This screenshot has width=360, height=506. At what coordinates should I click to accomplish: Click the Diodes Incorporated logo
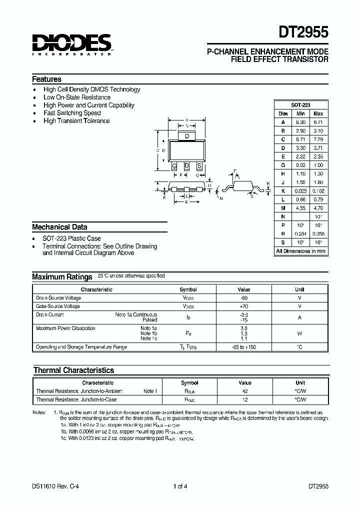click(x=71, y=44)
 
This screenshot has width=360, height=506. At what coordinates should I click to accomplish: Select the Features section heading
click(x=46, y=79)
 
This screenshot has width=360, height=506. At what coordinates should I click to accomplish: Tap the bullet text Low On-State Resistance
click(x=77, y=97)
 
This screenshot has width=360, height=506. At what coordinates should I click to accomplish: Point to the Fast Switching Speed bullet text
click(x=72, y=113)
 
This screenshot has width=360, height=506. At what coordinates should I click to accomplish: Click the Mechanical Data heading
click(x=59, y=227)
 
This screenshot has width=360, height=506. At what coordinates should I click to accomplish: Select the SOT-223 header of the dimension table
click(x=301, y=105)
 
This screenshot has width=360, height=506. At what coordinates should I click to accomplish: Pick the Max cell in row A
click(x=318, y=122)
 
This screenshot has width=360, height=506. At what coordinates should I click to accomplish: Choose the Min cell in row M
click(x=300, y=208)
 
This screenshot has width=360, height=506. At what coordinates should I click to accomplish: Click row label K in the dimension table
click(x=283, y=190)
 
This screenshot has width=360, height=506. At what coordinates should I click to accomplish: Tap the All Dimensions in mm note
click(x=301, y=251)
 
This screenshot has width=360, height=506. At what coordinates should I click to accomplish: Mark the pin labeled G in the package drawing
click(x=174, y=165)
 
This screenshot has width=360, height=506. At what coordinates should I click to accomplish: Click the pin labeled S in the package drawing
click(x=199, y=165)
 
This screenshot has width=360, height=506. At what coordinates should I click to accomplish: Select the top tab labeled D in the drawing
click(x=186, y=136)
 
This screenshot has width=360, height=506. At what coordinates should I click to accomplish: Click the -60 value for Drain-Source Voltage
click(x=244, y=298)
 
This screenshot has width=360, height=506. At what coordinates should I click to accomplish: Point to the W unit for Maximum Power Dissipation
click(x=299, y=333)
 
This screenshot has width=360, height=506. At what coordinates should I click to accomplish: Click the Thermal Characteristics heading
click(x=73, y=370)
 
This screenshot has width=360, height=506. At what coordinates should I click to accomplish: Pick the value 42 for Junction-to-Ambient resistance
click(x=245, y=391)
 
